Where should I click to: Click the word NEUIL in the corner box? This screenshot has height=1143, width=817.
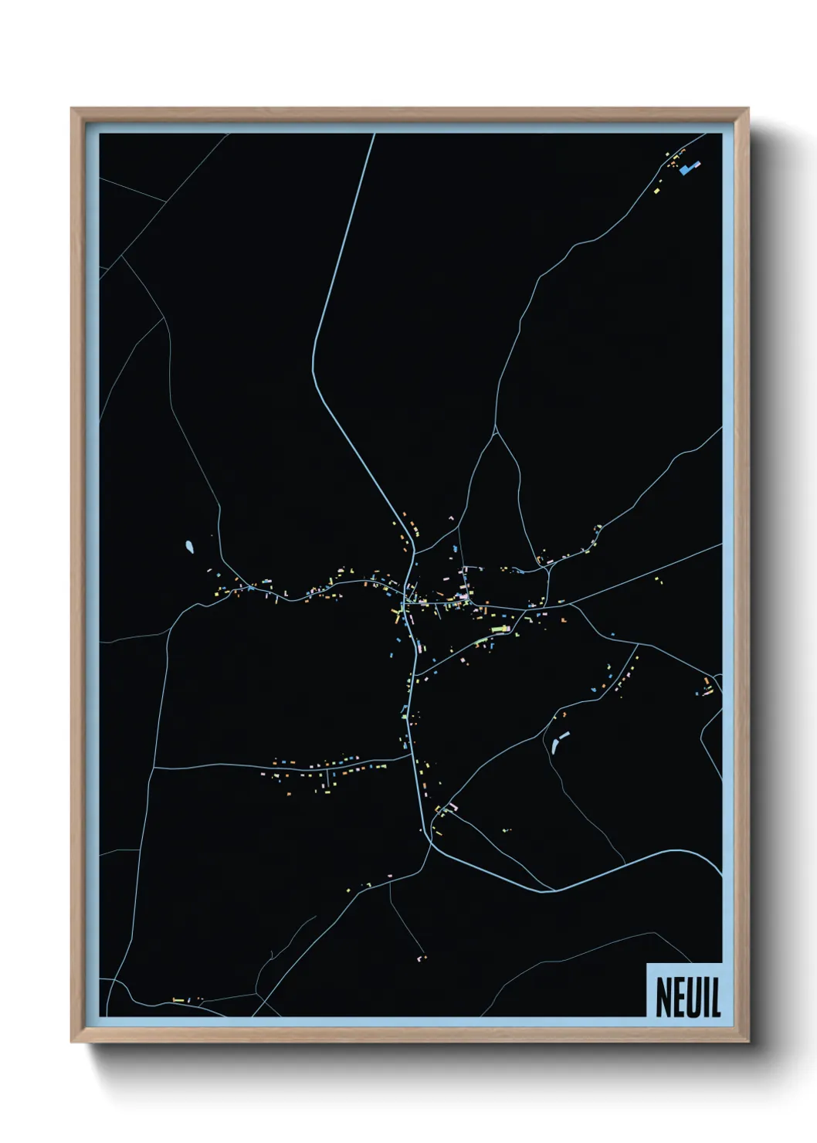688,998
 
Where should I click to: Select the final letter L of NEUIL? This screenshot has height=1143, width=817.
716,998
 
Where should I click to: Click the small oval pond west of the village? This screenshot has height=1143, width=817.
189,548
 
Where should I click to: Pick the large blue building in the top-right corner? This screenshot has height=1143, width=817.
688,168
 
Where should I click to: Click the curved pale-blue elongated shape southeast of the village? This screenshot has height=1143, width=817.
558,741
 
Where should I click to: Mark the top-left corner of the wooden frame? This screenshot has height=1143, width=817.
72,109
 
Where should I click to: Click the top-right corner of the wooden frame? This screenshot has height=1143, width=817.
748,109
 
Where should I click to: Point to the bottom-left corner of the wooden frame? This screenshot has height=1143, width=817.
72,1042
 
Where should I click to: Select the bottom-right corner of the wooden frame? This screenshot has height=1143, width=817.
748,1042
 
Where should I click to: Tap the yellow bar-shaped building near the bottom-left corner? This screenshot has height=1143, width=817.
178,1000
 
